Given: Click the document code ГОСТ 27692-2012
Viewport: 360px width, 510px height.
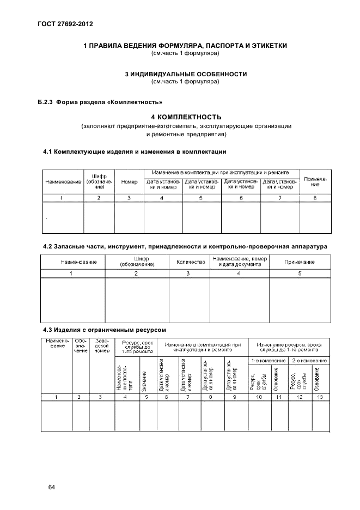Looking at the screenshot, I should (61, 23).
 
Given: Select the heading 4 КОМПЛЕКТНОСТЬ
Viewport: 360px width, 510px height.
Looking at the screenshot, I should (186, 117).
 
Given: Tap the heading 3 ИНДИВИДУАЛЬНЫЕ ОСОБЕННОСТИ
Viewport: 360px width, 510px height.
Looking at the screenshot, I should (186, 74).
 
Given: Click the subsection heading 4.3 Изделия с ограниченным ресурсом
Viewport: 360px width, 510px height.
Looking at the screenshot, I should (104, 330).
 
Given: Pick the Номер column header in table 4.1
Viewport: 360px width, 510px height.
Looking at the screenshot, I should (129, 181).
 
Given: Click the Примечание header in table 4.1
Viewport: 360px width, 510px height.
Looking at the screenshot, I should (315, 181).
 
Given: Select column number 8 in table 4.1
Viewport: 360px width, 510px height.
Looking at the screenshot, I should (315, 197).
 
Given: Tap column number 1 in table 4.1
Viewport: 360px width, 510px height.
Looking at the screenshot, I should (63, 197).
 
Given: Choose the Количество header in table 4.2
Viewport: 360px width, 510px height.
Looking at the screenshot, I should (188, 262).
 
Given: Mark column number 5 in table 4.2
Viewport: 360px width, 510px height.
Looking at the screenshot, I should (300, 273).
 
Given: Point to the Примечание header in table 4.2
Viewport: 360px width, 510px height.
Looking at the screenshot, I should (300, 262).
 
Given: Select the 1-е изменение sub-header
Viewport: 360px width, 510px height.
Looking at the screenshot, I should (268, 361).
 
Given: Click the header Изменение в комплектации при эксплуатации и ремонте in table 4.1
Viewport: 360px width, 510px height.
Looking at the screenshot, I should (221, 172).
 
